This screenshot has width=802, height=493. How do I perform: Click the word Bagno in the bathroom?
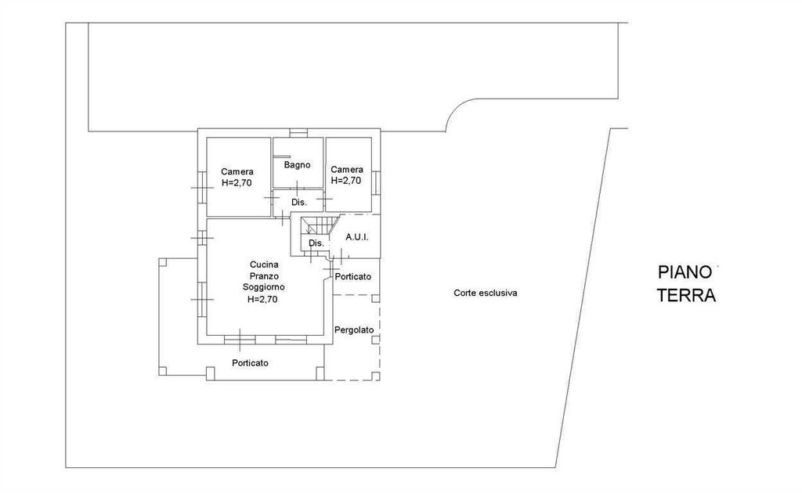click(x=297, y=165)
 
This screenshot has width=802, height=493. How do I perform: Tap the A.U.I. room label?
click(x=357, y=238)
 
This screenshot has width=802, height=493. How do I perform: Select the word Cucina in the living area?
click(x=264, y=264)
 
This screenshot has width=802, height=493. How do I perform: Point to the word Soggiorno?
click(x=263, y=287)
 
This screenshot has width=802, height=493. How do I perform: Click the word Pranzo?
click(x=264, y=276)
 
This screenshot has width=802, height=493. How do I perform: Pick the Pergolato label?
click(x=354, y=330)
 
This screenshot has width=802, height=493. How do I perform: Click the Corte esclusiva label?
click(x=486, y=293)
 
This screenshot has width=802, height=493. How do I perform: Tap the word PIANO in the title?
click(x=685, y=272)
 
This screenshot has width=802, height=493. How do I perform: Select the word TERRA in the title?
click(x=686, y=295)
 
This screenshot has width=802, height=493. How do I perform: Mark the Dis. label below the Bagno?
click(x=299, y=203)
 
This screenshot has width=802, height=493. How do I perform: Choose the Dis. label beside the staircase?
click(x=316, y=243)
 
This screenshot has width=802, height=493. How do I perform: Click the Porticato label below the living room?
click(x=250, y=363)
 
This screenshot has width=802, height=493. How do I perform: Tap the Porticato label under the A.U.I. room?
click(x=353, y=277)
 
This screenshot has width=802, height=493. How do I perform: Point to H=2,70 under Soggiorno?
click(x=262, y=300)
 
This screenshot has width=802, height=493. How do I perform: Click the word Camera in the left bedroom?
click(x=237, y=171)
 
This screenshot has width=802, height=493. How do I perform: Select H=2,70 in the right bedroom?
click(x=346, y=181)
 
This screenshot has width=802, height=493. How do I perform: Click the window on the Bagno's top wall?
click(x=298, y=133)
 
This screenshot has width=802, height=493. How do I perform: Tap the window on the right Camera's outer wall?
click(x=376, y=183)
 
